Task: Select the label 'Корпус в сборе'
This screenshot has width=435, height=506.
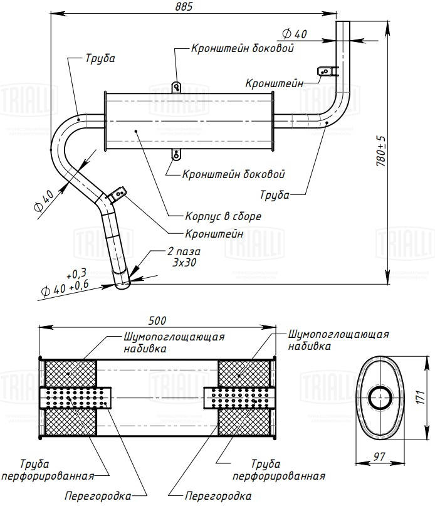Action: [223, 216]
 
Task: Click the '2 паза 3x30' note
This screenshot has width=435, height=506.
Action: [184, 257]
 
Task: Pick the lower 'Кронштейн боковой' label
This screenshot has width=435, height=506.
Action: [233, 174]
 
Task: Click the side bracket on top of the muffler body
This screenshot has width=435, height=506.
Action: [177, 87]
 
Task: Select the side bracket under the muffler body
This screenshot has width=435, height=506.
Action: [177, 154]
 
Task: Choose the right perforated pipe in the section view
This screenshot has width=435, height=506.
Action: [239, 398]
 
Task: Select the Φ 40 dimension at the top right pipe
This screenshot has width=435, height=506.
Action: [295, 34]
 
